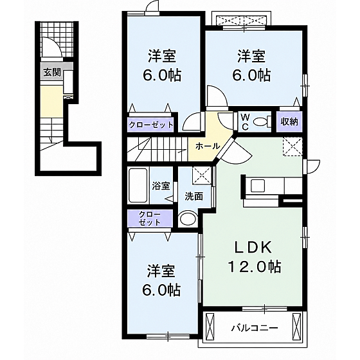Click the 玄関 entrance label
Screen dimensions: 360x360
point(52,73)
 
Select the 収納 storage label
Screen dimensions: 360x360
point(289,122)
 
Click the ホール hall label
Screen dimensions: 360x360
point(208,146)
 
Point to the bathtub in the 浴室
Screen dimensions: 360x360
point(138,186)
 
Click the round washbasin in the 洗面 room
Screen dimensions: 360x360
point(188,219)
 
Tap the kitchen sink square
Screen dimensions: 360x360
point(258,186)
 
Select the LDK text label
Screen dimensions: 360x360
point(253,247)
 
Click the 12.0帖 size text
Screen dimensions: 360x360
point(254,266)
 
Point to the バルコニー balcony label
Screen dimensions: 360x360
point(254,328)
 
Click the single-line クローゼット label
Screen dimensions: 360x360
point(151,125)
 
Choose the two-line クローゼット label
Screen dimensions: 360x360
point(150,218)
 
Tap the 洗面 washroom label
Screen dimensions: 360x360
point(194,197)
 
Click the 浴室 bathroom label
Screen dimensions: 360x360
point(161,186)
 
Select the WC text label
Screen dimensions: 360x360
point(245,122)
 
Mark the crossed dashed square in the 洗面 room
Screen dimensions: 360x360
point(202,175)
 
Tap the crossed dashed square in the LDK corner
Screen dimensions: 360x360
point(292,147)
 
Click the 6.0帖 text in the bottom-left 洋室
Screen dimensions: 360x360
point(161,290)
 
